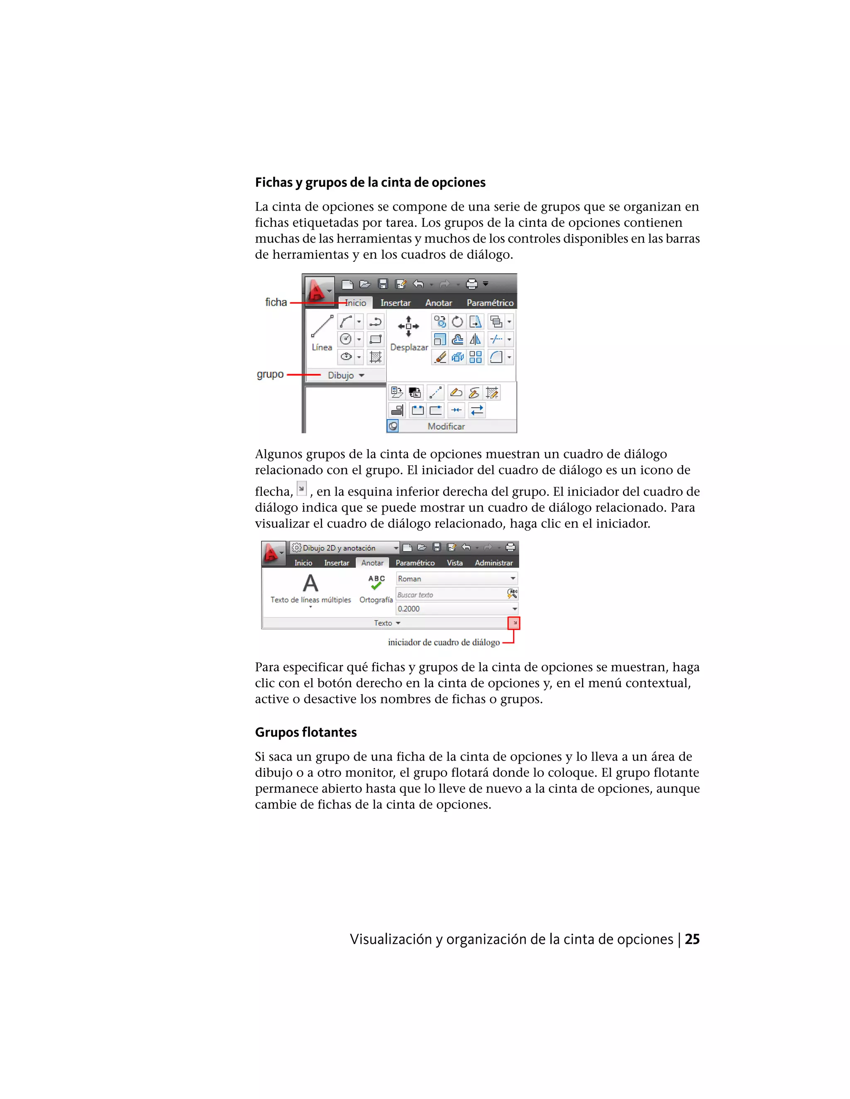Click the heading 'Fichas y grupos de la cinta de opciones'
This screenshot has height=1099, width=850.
tap(370, 182)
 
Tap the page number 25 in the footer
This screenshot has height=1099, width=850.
tap(692, 939)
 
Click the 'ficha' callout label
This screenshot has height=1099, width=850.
tap(276, 302)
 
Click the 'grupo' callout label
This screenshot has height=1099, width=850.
tap(271, 374)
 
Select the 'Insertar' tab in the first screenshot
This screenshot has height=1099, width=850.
tap(395, 303)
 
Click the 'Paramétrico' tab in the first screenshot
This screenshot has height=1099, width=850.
tap(489, 303)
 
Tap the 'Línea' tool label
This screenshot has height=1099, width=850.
tap(322, 347)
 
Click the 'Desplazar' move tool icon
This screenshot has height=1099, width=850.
tap(408, 326)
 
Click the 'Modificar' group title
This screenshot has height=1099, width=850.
tap(446, 426)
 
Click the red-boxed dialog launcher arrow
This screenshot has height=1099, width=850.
tap(514, 623)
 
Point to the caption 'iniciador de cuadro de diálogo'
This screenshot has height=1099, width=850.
tap(444, 642)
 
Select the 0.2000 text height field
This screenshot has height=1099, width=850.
tap(453, 609)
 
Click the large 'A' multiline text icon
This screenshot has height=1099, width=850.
tap(310, 584)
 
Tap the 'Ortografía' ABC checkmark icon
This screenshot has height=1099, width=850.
tap(376, 582)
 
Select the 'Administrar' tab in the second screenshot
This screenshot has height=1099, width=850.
tap(493, 563)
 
